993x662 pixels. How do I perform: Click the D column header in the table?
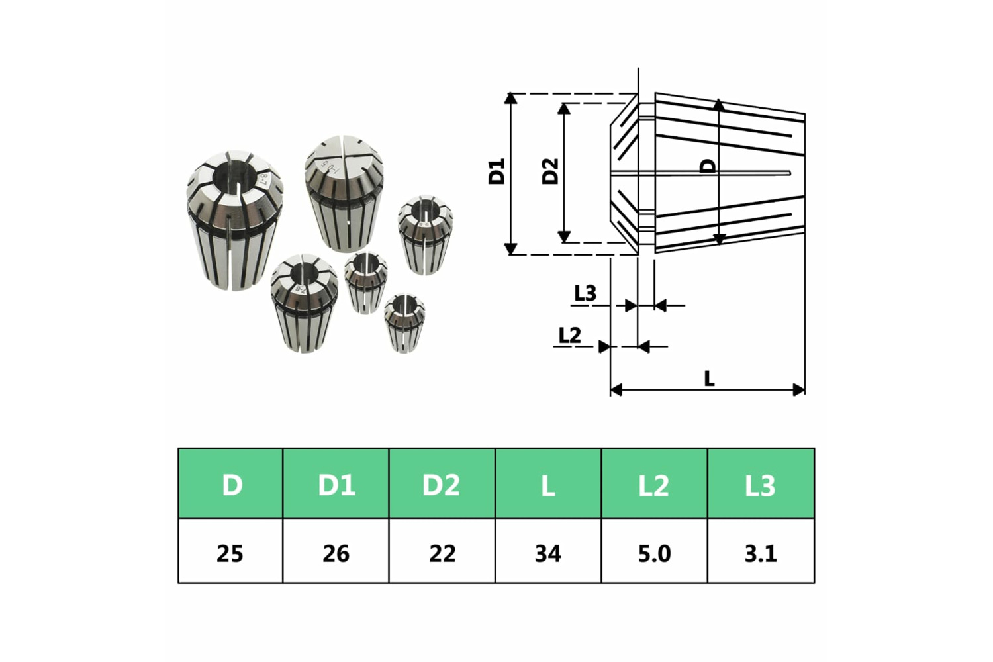pos(230,483)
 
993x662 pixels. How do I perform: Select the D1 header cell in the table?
pos(336,483)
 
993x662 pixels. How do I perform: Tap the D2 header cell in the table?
pos(442,483)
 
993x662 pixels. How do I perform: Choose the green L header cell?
pos(548,483)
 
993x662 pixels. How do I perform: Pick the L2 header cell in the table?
pos(654,483)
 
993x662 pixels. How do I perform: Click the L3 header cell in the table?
pos(761,483)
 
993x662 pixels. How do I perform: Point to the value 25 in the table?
pos(230,554)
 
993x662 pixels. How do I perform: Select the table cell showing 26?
pos(336,554)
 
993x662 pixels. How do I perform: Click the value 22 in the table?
pos(442,554)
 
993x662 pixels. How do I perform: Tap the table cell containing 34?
pos(548,554)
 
